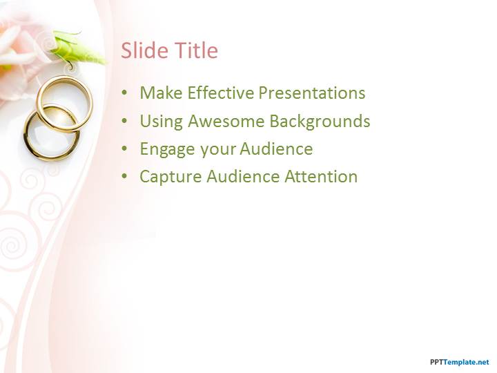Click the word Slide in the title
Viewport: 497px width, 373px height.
tap(144, 50)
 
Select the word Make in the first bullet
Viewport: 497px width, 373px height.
tap(161, 93)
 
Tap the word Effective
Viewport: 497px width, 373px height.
tap(221, 93)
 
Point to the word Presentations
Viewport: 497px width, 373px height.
tap(312, 93)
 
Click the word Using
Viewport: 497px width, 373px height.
tap(162, 122)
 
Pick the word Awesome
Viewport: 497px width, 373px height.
tap(226, 121)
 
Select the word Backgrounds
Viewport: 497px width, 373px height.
tap(320, 122)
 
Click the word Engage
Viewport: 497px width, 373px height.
tap(167, 150)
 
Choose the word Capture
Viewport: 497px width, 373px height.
tap(170, 178)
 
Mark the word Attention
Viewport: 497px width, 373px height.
tap(321, 177)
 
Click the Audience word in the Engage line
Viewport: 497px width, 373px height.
tap(276, 149)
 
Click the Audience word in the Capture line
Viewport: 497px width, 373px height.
tap(243, 177)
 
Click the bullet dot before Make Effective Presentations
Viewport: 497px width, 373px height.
tap(124, 93)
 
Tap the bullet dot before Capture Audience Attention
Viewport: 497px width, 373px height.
tap(124, 177)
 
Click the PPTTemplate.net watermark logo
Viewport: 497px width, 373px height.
tap(460, 362)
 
